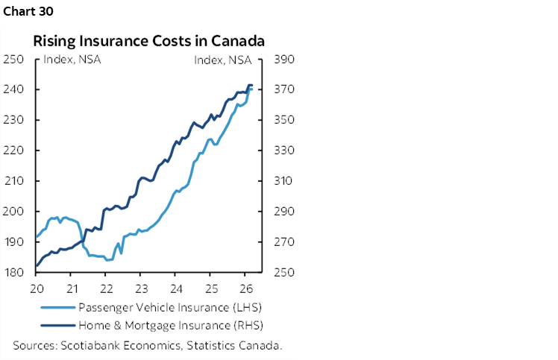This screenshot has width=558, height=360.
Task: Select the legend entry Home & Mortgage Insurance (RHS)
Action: [172, 325]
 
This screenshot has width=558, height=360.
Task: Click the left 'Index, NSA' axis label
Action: [72, 60]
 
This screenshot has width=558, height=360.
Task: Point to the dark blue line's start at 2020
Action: [37, 265]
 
